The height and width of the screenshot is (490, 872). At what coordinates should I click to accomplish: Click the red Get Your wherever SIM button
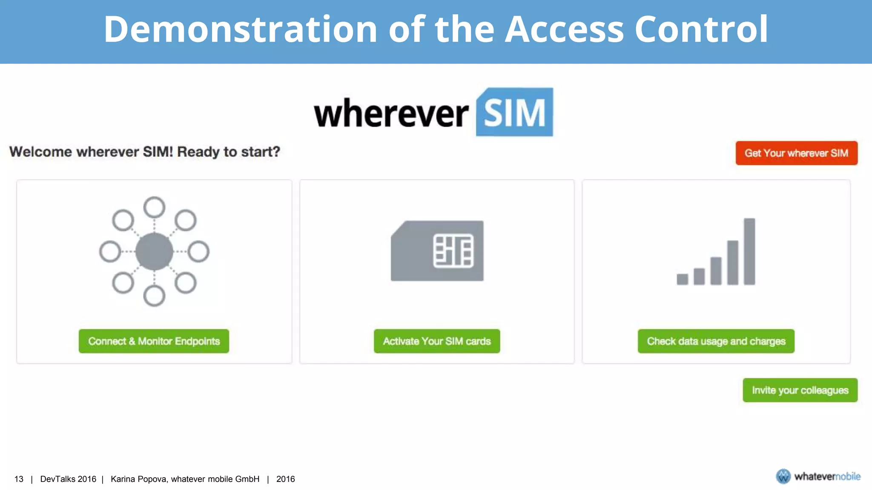click(x=796, y=153)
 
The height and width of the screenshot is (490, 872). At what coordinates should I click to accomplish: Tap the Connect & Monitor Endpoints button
click(x=154, y=341)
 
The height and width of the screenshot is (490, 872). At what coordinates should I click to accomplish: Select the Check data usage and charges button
click(x=716, y=341)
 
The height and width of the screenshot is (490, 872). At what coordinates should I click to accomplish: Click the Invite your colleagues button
click(x=800, y=390)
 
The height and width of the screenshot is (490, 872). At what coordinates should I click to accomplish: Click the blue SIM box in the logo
click(x=514, y=112)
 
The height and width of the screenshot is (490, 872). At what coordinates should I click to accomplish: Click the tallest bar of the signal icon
click(x=749, y=251)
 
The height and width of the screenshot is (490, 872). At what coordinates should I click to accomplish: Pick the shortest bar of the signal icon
click(x=682, y=279)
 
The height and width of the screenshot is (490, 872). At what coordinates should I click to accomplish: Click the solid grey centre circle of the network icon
click(x=154, y=251)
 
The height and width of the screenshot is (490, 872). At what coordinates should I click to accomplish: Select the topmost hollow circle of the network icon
click(x=154, y=208)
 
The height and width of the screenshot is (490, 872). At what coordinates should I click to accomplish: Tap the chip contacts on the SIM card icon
click(x=453, y=251)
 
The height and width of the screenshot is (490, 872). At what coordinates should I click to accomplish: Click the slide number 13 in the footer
click(x=19, y=479)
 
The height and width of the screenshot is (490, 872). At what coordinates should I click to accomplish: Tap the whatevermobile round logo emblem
click(x=783, y=476)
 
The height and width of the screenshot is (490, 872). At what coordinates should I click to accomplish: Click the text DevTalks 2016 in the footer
click(x=68, y=479)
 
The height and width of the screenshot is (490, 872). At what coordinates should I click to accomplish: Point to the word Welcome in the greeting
click(x=41, y=152)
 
